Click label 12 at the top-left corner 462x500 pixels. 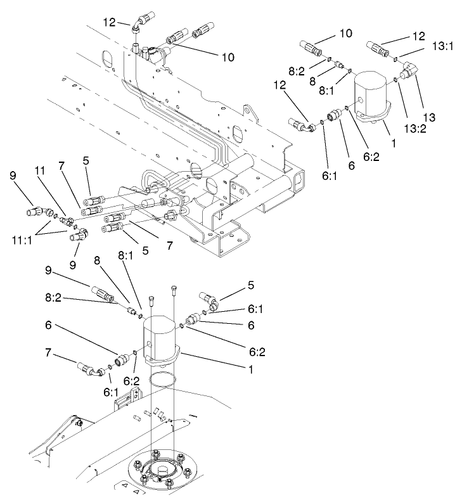[110, 22]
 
